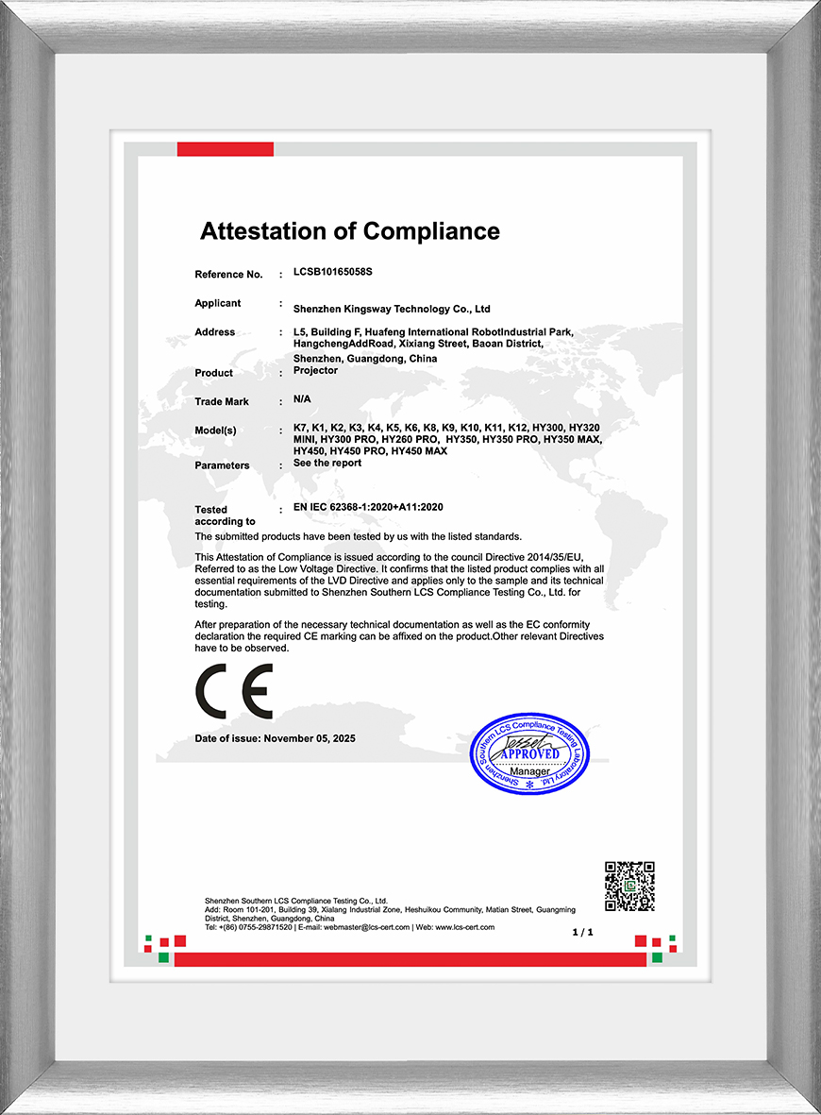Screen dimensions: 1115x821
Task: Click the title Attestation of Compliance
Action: [349, 231]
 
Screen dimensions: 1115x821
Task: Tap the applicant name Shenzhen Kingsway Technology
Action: [392, 309]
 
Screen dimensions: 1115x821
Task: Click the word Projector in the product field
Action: [315, 371]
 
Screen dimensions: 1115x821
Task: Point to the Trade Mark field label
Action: [222, 402]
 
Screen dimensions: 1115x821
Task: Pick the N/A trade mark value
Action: [302, 399]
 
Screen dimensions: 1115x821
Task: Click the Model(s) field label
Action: [215, 431]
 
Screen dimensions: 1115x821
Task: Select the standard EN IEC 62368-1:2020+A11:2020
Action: [368, 508]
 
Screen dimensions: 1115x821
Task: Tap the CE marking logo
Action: [234, 691]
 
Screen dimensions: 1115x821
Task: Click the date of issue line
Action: [276, 738]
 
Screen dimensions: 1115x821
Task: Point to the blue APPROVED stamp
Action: [528, 753]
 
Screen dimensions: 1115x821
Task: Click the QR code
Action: [629, 886]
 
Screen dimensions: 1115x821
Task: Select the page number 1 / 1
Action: [583, 933]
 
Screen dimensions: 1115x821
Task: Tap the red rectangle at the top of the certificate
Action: [225, 149]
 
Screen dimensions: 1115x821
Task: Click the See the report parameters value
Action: [327, 464]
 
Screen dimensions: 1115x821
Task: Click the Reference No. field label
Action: [228, 275]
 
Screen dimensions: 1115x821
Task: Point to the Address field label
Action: [214, 332]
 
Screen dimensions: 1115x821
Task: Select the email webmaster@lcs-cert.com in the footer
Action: [366, 927]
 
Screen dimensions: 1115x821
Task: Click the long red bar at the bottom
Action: [410, 959]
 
